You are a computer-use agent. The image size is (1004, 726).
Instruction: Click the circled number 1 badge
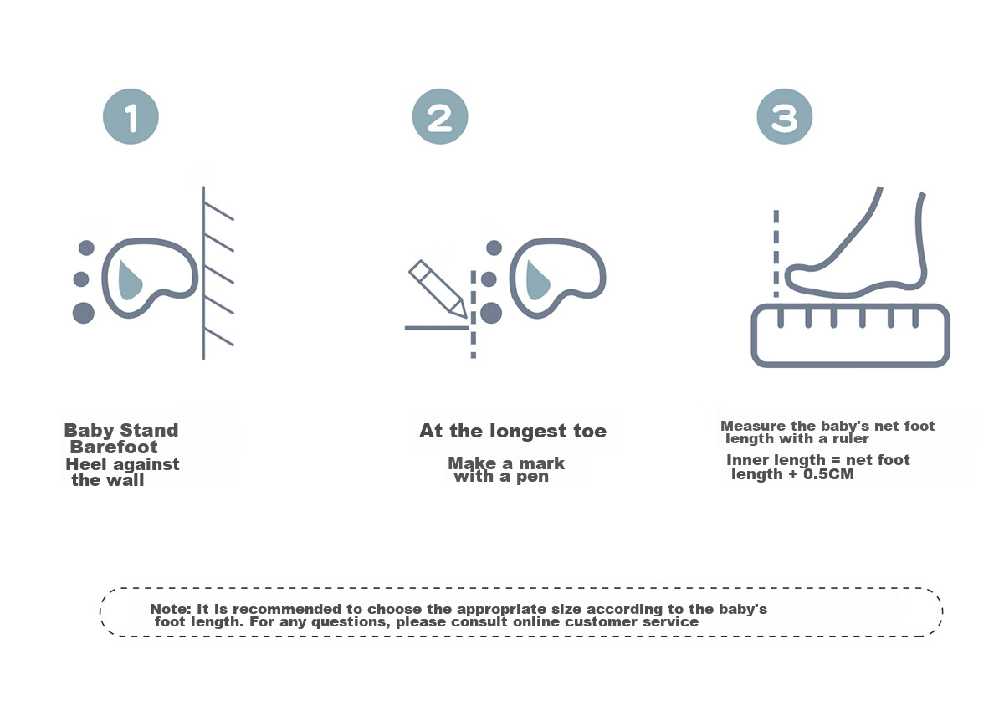[x=131, y=116]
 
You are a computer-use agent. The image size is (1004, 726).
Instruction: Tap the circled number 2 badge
[x=440, y=116]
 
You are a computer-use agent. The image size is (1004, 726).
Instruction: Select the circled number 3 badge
[x=785, y=116]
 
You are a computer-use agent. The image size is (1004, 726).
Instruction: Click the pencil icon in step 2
[x=438, y=289]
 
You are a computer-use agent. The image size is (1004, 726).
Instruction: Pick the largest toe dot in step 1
[x=84, y=313]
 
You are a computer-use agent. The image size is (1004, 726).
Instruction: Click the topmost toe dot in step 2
[x=494, y=248]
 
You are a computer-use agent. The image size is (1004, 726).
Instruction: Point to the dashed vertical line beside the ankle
[x=776, y=253]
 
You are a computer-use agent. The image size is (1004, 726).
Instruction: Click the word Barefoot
[x=114, y=447]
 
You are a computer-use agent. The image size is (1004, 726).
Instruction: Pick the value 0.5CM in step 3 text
[x=828, y=474]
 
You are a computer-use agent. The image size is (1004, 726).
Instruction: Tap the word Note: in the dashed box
[x=171, y=609]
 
